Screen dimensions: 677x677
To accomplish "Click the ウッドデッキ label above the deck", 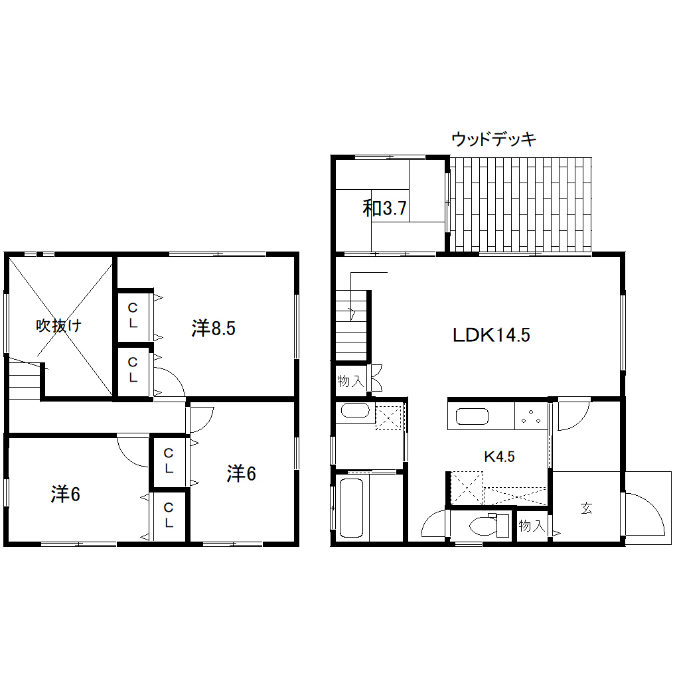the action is click(x=494, y=139).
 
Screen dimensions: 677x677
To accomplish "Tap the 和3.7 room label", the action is click(x=384, y=208).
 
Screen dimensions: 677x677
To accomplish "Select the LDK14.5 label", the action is click(x=491, y=335).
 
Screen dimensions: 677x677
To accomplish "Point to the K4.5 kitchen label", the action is click(x=499, y=457).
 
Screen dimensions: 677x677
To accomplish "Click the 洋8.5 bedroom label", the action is click(x=213, y=328).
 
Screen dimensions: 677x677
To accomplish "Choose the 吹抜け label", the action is click(x=58, y=325).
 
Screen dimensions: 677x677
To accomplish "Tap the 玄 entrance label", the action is click(x=586, y=508).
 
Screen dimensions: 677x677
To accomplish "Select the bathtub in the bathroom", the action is click(x=352, y=508).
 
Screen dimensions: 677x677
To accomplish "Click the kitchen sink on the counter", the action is click(x=472, y=417).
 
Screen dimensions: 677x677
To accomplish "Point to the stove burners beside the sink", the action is click(x=531, y=417).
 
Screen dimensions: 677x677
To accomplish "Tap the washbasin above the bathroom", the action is click(x=355, y=410).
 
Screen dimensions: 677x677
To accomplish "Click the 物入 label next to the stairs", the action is click(x=350, y=381).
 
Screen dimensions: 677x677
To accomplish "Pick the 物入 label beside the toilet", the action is click(x=532, y=526).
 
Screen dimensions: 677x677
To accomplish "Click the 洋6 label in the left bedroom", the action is click(x=66, y=494).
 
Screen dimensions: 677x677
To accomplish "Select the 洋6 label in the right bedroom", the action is click(x=242, y=474).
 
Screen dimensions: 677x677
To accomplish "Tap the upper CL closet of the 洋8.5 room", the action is click(x=133, y=315).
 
